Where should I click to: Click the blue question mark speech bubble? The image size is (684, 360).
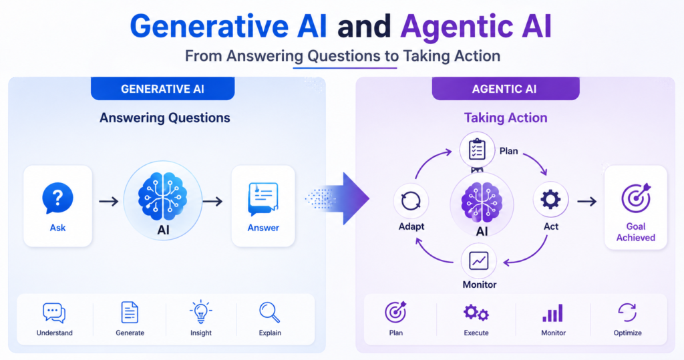[57, 198]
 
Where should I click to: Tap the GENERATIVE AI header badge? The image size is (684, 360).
[163, 89]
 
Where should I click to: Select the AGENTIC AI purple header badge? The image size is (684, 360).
[506, 89]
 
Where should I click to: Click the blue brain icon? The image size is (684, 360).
[163, 196]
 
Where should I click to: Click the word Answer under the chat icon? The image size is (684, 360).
[263, 228]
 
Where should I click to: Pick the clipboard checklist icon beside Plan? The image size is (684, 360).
[477, 150]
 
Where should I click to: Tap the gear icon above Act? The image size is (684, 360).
[550, 200]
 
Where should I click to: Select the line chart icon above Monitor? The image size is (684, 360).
[478, 261]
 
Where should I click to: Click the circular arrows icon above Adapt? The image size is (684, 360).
[411, 201]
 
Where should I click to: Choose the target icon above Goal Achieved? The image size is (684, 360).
[636, 198]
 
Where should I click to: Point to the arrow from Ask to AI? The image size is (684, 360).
[109, 201]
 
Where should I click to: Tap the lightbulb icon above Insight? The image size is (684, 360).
[200, 311]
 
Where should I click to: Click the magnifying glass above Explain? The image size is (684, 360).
[270, 313]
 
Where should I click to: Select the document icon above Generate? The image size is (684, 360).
[130, 312]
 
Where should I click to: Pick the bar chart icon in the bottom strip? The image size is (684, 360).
[552, 313]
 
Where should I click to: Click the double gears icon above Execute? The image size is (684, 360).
[476, 313]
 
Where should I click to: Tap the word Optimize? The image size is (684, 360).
[627, 333]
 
